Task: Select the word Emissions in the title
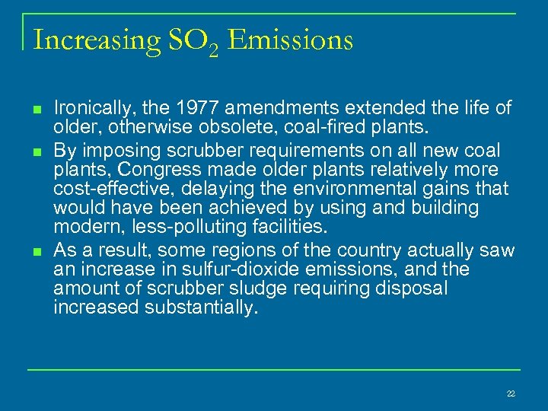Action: [x=290, y=39]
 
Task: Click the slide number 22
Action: [x=510, y=393]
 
